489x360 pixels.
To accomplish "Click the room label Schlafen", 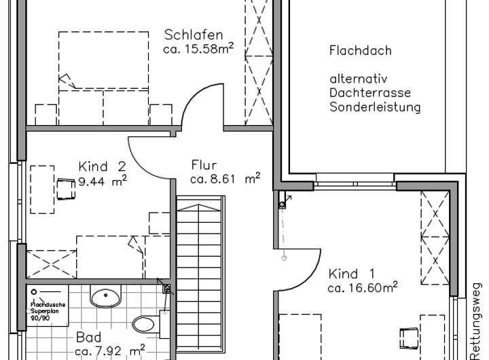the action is [193, 35].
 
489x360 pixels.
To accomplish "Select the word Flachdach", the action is [360, 51].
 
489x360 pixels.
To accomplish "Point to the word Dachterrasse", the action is [370, 92].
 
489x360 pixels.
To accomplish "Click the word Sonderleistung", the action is [375, 107].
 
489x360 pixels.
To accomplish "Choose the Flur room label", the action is [204, 165].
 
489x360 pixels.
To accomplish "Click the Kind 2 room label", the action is [102, 166].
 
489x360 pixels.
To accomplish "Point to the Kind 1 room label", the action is [351, 274].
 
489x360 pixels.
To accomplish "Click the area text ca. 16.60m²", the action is [362, 288].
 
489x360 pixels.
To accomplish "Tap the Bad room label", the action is [88, 338].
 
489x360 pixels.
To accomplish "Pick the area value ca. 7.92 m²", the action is [109, 351].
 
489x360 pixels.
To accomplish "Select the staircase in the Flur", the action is [199, 272].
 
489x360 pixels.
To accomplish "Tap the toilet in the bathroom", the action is [145, 323].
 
